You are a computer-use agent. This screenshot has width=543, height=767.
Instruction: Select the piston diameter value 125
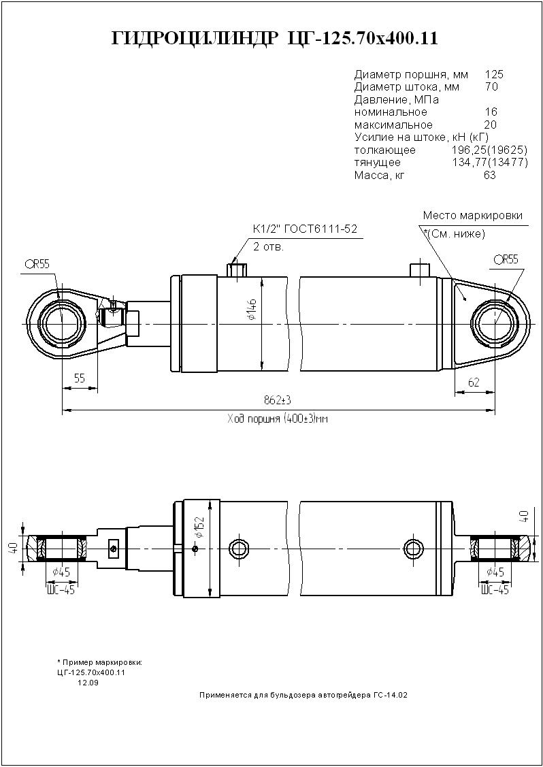[494, 75]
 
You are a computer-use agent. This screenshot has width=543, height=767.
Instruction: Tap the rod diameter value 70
[491, 87]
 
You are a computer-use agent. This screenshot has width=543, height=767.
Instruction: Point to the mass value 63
[490, 175]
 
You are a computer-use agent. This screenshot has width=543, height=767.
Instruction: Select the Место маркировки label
[472, 216]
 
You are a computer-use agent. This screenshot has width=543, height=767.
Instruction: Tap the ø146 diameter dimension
[252, 309]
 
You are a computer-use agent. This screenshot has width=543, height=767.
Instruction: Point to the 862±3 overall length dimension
[278, 400]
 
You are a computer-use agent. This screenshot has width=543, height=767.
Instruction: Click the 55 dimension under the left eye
[80, 378]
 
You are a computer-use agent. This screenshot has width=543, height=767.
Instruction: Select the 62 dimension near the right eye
[474, 382]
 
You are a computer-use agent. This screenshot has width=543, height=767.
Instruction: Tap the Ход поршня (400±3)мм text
[278, 419]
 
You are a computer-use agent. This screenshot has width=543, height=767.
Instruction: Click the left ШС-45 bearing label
[61, 589]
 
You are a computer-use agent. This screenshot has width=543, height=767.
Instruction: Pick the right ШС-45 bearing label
[495, 589]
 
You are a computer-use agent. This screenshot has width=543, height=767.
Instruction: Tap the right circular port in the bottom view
[414, 547]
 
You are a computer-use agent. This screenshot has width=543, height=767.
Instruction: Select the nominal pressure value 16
[491, 112]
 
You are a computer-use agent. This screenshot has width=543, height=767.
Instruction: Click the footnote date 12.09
[88, 683]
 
